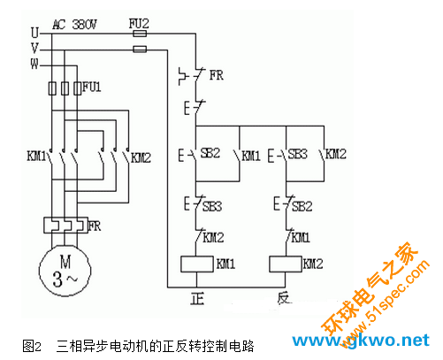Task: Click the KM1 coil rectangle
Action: pos(197,264)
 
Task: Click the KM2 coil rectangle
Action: pos(286,264)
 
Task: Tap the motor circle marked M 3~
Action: pos(65,270)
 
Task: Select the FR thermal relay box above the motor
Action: pos(65,226)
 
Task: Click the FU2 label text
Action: pos(139,24)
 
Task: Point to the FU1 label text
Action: pos(92,87)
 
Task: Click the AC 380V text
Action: pos(74,25)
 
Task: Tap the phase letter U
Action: pos(34,33)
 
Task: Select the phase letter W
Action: pos(34,64)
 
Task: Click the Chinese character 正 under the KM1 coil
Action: pos(197,298)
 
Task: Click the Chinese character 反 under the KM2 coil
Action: pos(284,298)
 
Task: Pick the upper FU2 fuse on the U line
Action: pos(140,34)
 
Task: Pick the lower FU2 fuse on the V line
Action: pos(140,49)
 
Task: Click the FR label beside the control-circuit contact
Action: pos(217,75)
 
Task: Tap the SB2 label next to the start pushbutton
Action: pos(210,153)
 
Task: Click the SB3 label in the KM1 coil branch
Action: pos(212,206)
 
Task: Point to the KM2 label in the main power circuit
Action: pos(141,157)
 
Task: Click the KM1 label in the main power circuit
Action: pos(36,156)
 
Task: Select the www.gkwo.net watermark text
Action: pos(361,341)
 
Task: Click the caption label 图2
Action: pos(32,346)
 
